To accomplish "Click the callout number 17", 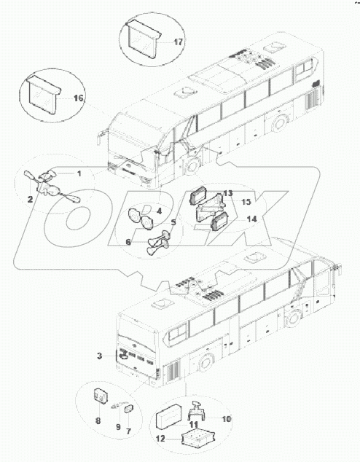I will pyautogui.click(x=178, y=42).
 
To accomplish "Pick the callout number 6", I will pyautogui.click(x=129, y=242).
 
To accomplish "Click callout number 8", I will pyautogui.click(x=98, y=420).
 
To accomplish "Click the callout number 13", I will pyautogui.click(x=228, y=193).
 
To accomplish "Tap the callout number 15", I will pyautogui.click(x=246, y=201).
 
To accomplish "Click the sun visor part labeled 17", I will pyautogui.click(x=141, y=42).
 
